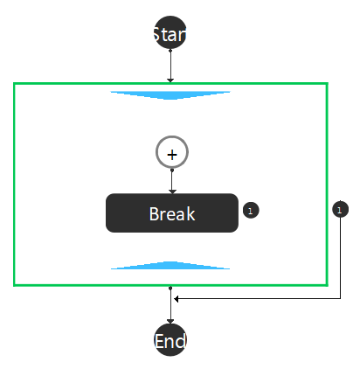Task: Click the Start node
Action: point(170,32)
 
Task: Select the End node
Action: point(170,340)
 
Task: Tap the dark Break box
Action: point(172,212)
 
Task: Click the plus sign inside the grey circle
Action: point(172,155)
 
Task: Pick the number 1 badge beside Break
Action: point(251,210)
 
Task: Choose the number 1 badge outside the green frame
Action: point(340,209)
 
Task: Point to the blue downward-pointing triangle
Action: point(170,95)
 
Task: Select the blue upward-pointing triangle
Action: point(170,265)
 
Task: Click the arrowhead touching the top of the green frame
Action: point(170,80)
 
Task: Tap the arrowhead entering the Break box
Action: point(172,191)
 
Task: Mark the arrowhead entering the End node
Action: point(170,322)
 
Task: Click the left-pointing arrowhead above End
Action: point(176,299)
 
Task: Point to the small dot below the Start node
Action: point(170,51)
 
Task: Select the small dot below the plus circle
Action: point(172,170)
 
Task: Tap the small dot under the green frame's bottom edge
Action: point(170,288)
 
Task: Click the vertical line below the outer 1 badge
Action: point(341,258)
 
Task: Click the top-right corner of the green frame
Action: point(327,84)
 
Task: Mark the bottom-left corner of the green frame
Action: point(14,285)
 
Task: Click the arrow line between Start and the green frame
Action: point(170,66)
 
